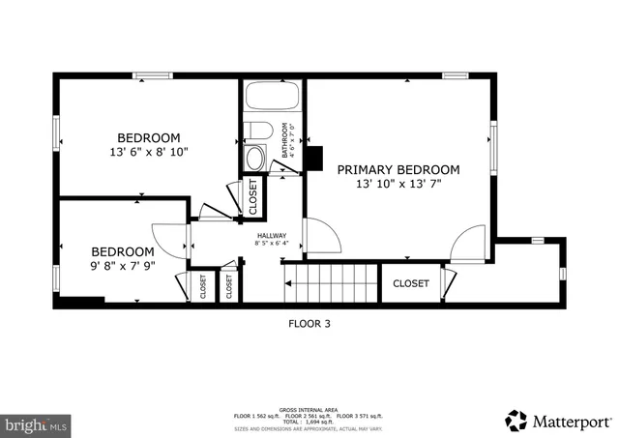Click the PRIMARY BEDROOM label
pos(398,169)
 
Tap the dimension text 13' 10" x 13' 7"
pos(398,184)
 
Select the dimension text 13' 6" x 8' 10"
pos(149,152)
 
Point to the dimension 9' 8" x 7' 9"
pos(122,264)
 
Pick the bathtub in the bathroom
pos(273,98)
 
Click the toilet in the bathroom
pos(258,131)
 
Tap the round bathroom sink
pos(255,158)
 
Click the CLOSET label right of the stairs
pos(410,283)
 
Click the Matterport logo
pos(558,421)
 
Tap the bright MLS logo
pos(37,423)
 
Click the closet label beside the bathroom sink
pos(253,197)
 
